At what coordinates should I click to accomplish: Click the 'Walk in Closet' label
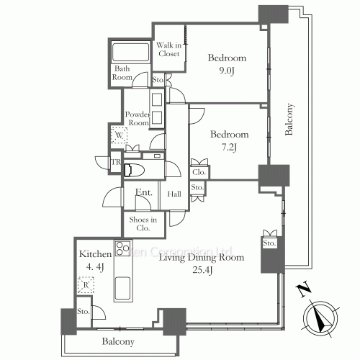168,50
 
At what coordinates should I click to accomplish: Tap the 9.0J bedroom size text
227,71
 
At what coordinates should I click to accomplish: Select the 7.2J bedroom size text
228,147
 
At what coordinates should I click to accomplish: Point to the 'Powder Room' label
137,119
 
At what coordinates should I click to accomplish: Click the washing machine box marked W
118,135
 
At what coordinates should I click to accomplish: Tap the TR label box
115,162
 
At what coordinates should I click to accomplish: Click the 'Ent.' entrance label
143,193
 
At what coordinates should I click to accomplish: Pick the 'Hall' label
174,194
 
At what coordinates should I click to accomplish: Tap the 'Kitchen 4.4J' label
95,261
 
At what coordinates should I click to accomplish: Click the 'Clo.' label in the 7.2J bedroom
198,173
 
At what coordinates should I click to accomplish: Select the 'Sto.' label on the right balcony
269,244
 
